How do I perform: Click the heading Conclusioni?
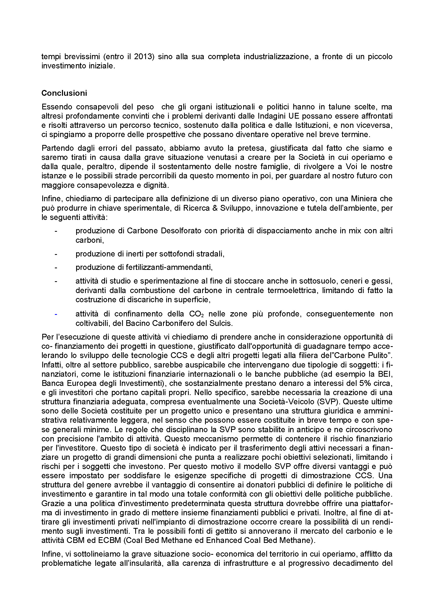click(64, 93)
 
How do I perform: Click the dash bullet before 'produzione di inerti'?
click(56, 254)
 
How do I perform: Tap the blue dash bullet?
click(56, 314)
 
